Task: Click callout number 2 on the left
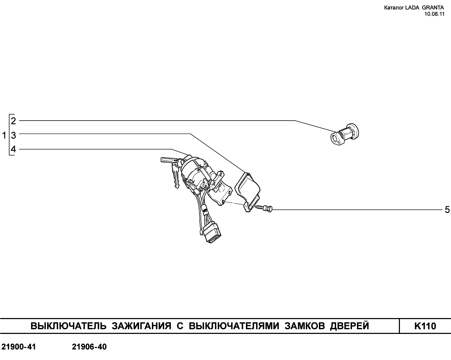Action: tap(13, 121)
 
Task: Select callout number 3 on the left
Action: tap(13, 135)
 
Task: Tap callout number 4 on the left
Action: tap(13, 149)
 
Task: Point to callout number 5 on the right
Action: tap(447, 210)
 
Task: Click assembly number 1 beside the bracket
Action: tap(4, 135)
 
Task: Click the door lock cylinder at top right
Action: tap(345, 134)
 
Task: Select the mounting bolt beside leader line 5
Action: tap(264, 208)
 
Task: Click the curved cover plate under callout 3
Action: tap(248, 193)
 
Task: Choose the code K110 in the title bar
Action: tap(425, 326)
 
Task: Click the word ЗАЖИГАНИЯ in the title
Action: tap(141, 326)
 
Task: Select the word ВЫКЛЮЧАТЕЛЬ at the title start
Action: tap(68, 326)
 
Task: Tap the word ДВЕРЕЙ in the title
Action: tap(350, 326)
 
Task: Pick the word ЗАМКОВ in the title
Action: tap(304, 326)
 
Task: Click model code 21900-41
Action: tap(19, 347)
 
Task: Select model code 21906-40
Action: tap(89, 347)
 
